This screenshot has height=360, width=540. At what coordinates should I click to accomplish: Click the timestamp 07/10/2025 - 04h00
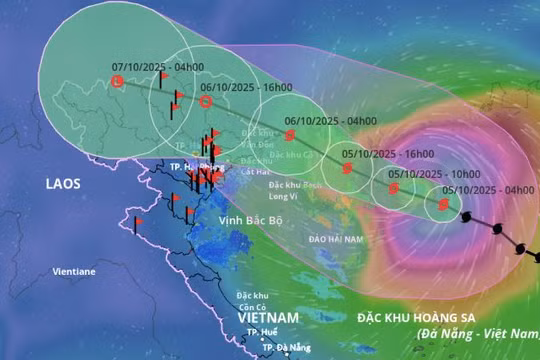tap(154, 67)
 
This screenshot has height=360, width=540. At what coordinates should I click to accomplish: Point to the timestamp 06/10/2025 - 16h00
tap(243, 86)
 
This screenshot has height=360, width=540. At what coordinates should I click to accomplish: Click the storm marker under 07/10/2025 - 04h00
tap(117, 81)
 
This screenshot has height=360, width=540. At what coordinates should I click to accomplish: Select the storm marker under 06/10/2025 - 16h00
tap(206, 101)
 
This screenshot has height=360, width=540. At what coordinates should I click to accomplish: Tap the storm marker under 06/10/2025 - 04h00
tap(291, 135)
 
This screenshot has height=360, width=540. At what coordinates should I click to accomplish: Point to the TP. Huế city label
tap(262, 332)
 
